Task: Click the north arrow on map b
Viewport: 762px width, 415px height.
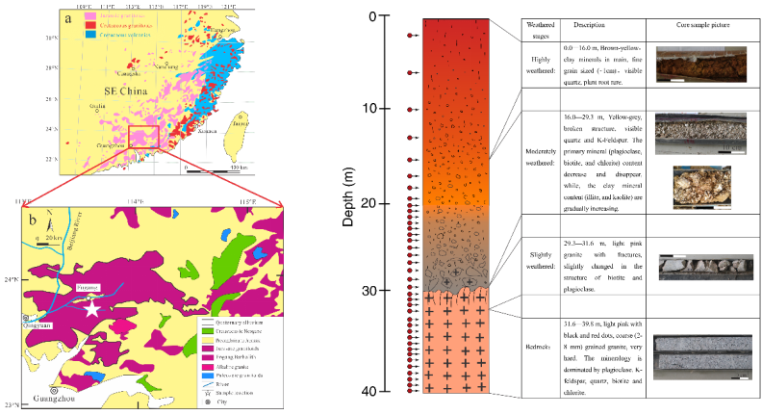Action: click(49, 223)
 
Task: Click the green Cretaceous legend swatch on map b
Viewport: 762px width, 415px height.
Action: click(208, 333)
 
